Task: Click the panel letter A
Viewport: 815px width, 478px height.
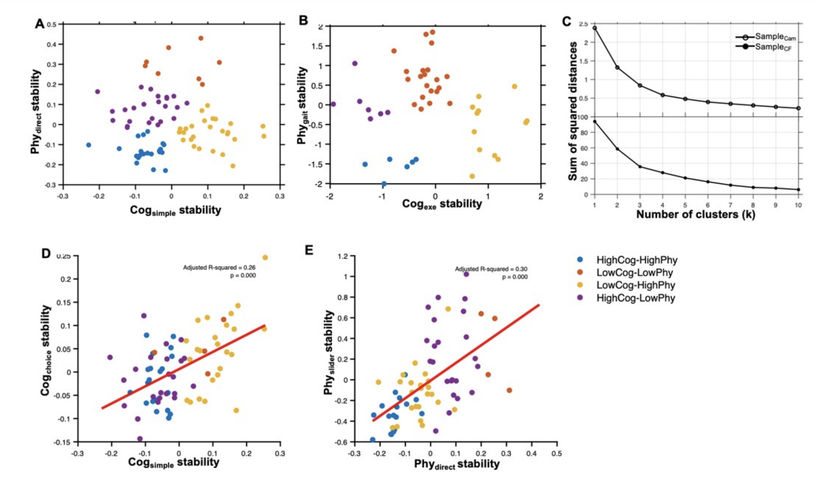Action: [39, 24]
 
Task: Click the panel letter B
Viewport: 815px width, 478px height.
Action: [303, 20]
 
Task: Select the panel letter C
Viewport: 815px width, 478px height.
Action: [567, 21]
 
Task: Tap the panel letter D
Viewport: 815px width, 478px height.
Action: [46, 253]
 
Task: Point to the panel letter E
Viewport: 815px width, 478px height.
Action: [309, 250]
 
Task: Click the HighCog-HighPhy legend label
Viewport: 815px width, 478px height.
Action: [637, 260]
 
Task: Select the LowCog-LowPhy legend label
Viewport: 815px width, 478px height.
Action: [635, 272]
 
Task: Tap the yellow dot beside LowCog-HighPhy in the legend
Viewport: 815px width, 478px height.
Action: [580, 285]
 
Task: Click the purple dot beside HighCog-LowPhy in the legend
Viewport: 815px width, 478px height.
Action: [580, 298]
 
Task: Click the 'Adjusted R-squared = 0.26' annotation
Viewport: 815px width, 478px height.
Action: [219, 268]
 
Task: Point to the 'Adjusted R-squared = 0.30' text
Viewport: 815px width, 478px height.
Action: [491, 269]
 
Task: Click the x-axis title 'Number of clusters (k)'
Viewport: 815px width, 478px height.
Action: [696, 214]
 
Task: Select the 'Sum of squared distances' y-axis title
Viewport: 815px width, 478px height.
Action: [573, 111]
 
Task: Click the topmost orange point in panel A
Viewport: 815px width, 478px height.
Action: [201, 38]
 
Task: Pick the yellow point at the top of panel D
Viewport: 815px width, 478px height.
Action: [265, 257]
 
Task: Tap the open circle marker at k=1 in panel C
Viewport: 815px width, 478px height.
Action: [595, 28]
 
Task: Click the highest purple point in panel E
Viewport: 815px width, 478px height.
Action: [466, 274]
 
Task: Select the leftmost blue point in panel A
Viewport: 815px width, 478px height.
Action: [88, 145]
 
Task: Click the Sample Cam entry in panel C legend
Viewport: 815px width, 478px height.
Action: [765, 37]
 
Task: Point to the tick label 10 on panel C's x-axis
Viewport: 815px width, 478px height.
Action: [798, 205]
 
